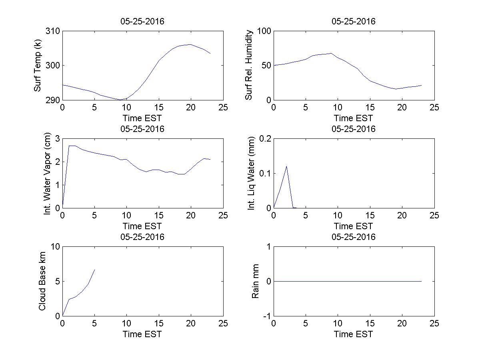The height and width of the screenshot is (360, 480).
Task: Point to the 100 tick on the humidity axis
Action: (x=264, y=31)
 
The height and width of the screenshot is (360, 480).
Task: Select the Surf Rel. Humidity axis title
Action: (x=249, y=65)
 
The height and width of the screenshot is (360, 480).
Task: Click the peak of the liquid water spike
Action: (x=286, y=166)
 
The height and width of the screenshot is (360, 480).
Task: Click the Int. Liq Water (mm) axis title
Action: (x=251, y=173)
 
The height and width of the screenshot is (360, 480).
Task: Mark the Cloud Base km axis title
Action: (x=42, y=281)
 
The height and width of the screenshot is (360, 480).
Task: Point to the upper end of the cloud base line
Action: (x=94, y=270)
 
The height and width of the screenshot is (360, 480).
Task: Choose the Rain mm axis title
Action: (x=255, y=281)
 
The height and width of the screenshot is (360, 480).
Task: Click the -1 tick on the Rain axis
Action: (x=266, y=316)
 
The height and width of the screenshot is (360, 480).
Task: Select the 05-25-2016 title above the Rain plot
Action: (x=354, y=237)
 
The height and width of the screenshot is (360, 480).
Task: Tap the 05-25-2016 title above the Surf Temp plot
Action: (x=142, y=22)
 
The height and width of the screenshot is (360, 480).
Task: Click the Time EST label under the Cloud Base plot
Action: (x=142, y=334)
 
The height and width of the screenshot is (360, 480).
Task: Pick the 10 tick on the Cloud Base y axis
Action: (x=55, y=247)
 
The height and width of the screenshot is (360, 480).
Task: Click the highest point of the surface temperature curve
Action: (x=190, y=44)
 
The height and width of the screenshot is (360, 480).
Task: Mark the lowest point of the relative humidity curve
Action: (x=396, y=89)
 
